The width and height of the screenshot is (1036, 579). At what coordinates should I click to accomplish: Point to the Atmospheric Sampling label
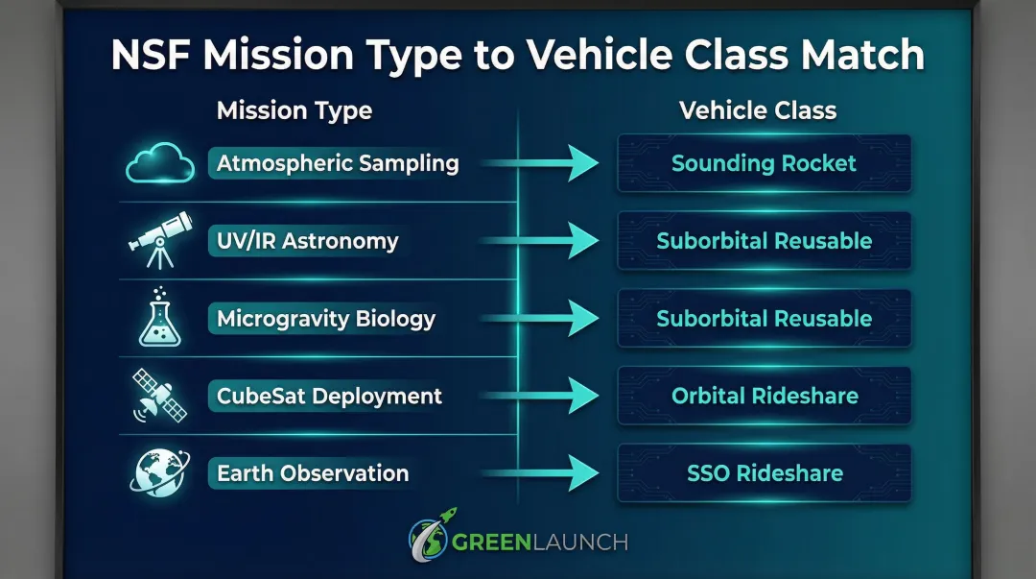pyautogui.click(x=337, y=163)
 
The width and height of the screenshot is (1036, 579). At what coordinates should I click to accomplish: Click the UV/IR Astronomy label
pyautogui.click(x=307, y=241)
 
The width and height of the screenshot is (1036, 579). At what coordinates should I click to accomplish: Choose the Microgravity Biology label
pyautogui.click(x=325, y=319)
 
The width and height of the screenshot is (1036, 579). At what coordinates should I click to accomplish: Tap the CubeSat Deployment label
pyautogui.click(x=329, y=396)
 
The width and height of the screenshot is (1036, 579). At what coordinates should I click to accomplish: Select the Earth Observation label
pyautogui.click(x=313, y=473)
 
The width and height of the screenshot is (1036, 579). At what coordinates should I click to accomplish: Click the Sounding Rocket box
pyautogui.click(x=764, y=163)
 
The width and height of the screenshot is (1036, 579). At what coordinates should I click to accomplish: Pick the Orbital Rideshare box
pyautogui.click(x=764, y=396)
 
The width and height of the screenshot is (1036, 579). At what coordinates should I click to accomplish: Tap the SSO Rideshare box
pyautogui.click(x=764, y=473)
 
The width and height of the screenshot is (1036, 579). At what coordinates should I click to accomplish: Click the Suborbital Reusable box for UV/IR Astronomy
pyautogui.click(x=764, y=241)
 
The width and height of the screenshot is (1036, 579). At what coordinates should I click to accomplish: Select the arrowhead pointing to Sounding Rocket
pyautogui.click(x=582, y=163)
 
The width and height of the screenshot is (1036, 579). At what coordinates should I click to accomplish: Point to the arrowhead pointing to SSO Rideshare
pyautogui.click(x=582, y=473)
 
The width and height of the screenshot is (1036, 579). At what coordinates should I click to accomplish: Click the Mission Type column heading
pyautogui.click(x=294, y=110)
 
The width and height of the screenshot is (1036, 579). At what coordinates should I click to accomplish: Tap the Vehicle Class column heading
pyautogui.click(x=758, y=110)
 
